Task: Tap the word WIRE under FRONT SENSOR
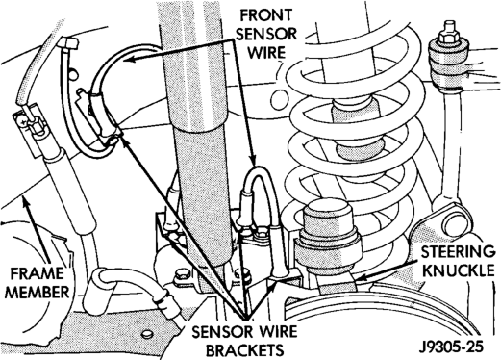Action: (266, 52)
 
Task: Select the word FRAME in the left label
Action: (38, 273)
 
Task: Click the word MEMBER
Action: (38, 293)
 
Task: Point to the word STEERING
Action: (458, 252)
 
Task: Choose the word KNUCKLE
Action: (459, 270)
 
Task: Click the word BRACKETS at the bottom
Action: (244, 349)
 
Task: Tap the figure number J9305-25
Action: (451, 347)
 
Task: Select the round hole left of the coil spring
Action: (279, 100)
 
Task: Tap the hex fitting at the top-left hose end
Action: (69, 42)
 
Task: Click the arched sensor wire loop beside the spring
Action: (259, 180)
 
